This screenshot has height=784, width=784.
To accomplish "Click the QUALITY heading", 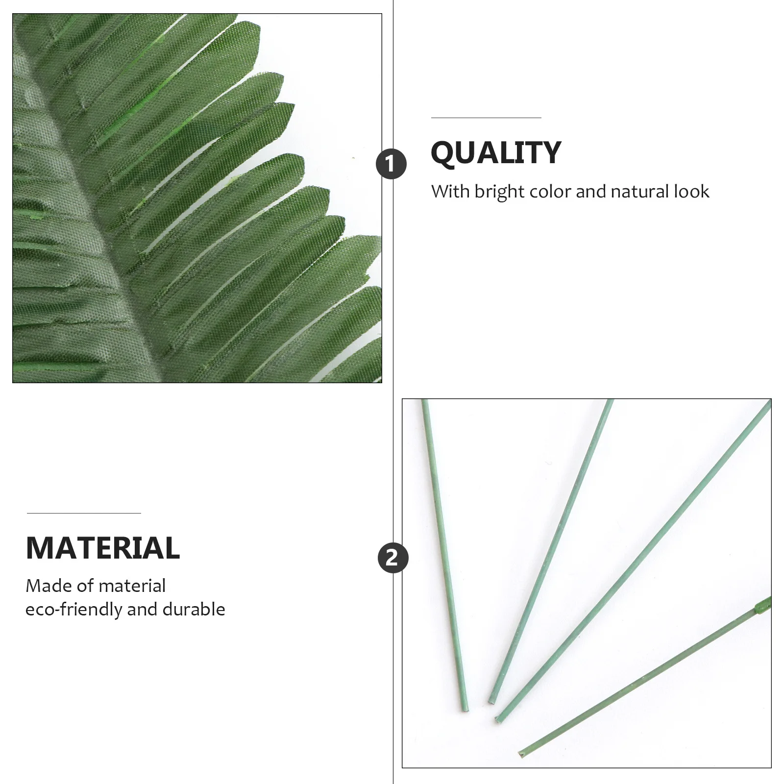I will [x=495, y=153].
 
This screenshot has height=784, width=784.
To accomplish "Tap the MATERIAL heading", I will [x=103, y=548].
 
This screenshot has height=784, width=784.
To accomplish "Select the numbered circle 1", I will [x=391, y=164].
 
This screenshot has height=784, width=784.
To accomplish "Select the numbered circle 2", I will [x=393, y=558].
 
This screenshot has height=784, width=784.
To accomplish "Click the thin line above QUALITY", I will [x=486, y=118].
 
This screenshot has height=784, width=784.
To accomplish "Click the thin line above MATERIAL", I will [x=84, y=514].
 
